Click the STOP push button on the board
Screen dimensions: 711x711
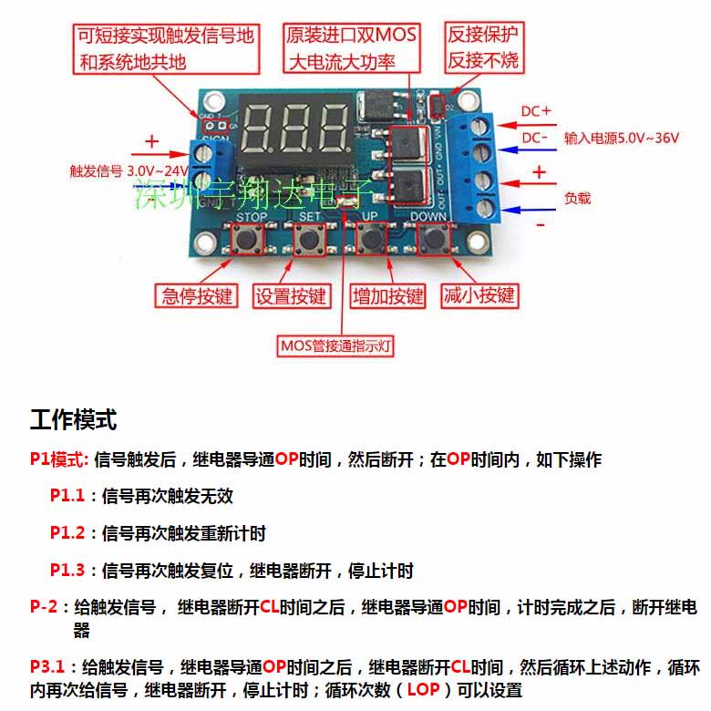(247, 241)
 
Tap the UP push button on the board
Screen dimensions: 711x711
(370, 240)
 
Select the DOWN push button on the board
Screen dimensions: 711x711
(432, 240)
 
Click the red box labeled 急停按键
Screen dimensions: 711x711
(198, 295)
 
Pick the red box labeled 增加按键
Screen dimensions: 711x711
(388, 295)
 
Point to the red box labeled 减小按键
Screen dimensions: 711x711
(479, 295)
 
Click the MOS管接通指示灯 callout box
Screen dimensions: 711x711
(343, 345)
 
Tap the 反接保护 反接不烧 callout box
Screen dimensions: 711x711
(483, 47)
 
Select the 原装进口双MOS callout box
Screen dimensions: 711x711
(351, 48)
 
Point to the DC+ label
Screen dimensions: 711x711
(536, 110)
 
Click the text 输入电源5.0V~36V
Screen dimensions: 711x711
(622, 138)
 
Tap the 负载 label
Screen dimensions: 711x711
(578, 197)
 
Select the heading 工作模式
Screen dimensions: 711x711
(73, 420)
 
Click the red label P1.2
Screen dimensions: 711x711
(67, 532)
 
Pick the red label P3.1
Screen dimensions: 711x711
(46, 666)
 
